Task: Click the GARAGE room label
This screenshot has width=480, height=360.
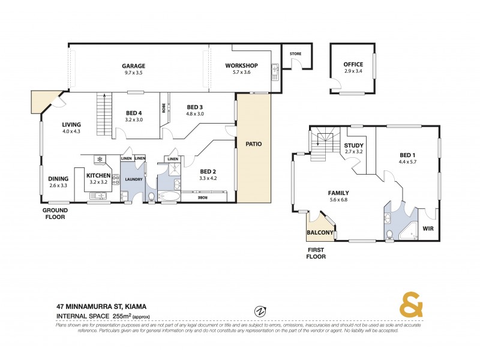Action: [134, 66]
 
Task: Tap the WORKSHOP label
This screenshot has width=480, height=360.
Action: [241, 65]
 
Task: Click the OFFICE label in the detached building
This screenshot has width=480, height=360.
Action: [353, 64]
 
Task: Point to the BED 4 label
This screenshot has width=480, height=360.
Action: [134, 113]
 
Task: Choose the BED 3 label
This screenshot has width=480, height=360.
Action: [196, 107]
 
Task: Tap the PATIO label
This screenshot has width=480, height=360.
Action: [253, 144]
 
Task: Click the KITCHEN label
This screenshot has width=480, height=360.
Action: [99, 175]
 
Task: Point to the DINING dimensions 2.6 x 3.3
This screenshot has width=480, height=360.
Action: [59, 185]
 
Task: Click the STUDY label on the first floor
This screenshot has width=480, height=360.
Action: [353, 145]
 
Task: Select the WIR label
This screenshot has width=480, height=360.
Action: [428, 229]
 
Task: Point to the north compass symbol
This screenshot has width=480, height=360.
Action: [260, 311]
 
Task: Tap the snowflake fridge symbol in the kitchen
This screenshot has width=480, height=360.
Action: [100, 159]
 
